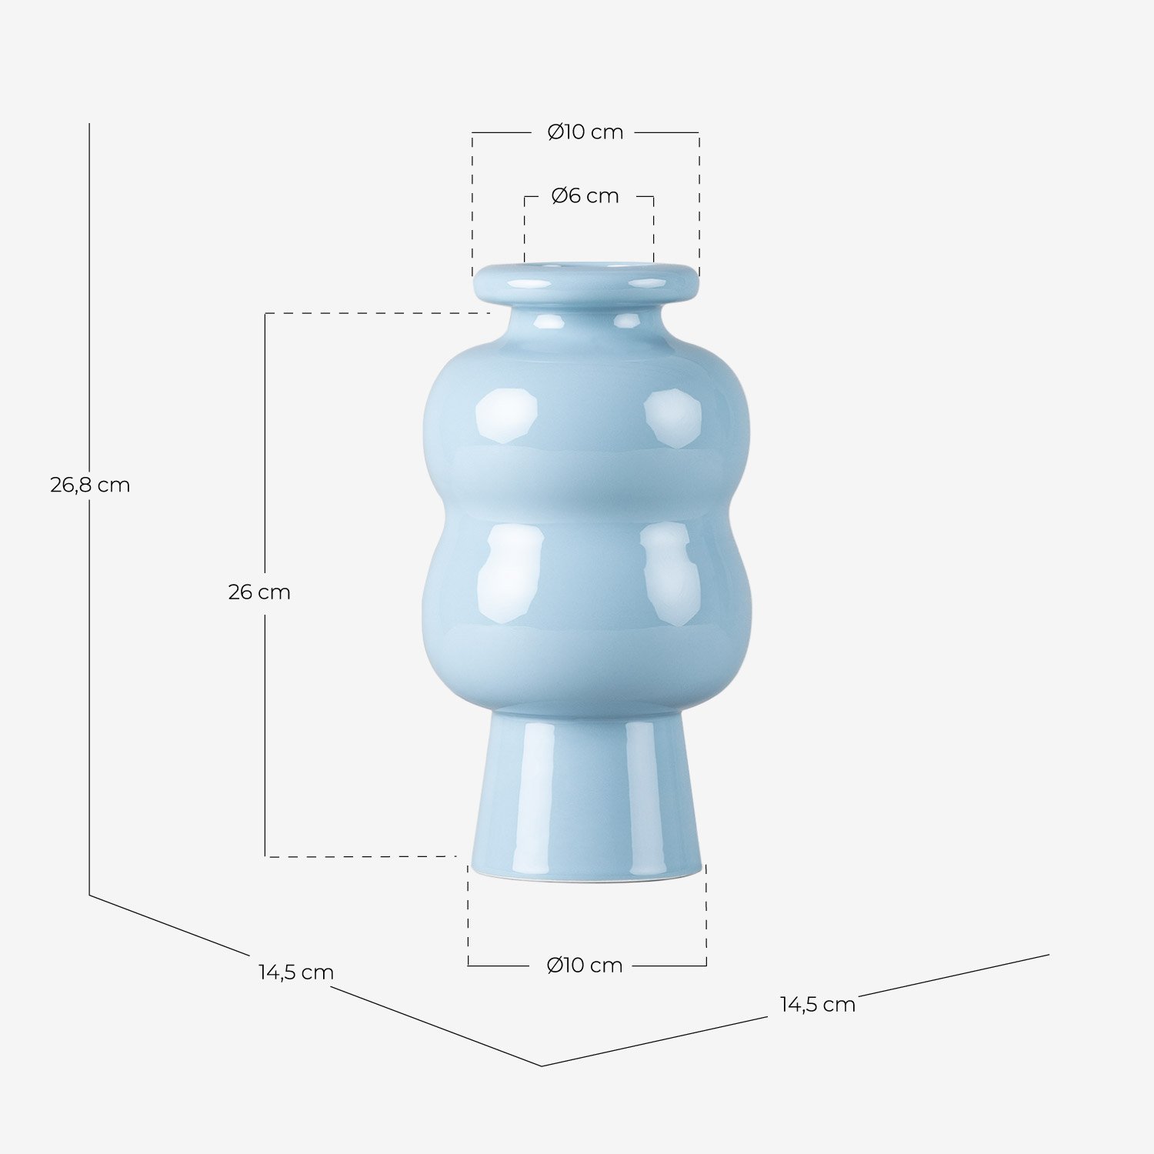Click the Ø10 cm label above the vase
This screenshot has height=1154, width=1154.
tap(585, 132)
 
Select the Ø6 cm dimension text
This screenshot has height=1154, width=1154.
tap(585, 196)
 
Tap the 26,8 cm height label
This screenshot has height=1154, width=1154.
tap(90, 485)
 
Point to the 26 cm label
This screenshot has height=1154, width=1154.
tap(259, 592)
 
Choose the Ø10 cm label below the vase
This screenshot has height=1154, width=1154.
tap(585, 966)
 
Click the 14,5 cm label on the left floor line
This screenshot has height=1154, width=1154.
tap(296, 972)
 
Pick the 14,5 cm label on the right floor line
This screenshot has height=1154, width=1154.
tap(818, 1005)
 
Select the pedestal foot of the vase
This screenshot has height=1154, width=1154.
tap(586, 800)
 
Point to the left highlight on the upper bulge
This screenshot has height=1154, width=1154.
tap(505, 415)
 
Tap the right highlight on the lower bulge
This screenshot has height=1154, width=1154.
tap(669, 573)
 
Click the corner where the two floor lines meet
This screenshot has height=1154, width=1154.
tap(542, 1066)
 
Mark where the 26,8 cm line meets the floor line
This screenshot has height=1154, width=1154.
tap(89, 895)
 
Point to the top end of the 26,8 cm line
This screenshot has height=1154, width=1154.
tap(89, 124)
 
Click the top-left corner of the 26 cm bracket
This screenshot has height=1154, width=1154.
tap(265, 313)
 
